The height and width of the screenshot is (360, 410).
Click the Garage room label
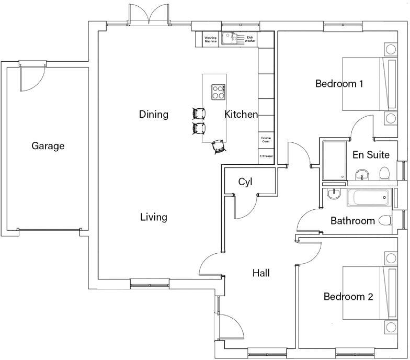coord(48,146)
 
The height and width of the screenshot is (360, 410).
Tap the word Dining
coord(154,114)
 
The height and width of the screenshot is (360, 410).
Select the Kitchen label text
coord(241,114)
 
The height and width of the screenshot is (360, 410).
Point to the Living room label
coord(154,217)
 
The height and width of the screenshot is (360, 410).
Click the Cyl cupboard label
coord(245,182)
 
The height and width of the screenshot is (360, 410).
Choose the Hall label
coord(261,273)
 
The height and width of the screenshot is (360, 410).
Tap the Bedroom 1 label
coord(339,83)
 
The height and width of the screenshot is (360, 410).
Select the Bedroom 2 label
coord(348,297)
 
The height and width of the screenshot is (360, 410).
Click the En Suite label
coord(371,155)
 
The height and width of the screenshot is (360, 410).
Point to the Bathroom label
coord(352,221)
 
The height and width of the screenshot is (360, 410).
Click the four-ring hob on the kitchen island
coord(219,92)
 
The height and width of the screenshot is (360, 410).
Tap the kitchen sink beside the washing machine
coord(229,38)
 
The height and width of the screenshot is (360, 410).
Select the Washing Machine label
coord(211,39)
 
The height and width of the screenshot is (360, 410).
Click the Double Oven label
coord(266,140)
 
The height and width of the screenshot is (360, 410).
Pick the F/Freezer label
coord(266,156)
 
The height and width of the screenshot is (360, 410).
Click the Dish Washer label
coord(250,39)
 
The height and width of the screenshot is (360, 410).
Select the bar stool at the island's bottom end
coord(219,147)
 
